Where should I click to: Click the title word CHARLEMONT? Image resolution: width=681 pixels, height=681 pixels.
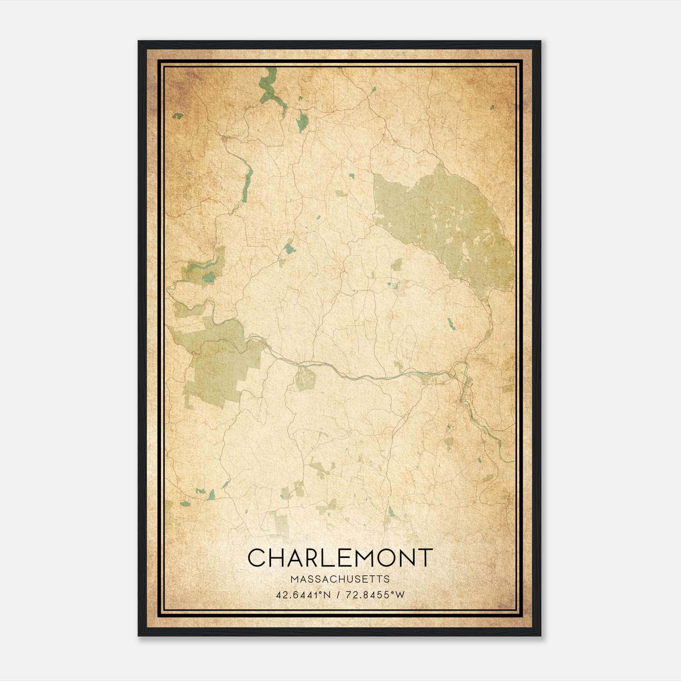pos(340,558)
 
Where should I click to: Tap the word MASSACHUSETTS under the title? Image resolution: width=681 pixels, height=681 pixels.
pos(340,579)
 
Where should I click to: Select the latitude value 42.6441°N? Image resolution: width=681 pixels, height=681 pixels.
pos(303,595)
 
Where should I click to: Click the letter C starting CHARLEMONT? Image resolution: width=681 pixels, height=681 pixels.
pos(258,558)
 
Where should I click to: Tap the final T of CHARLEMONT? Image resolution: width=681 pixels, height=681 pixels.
pos(425,558)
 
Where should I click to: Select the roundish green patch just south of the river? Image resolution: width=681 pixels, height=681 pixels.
pos(304,379)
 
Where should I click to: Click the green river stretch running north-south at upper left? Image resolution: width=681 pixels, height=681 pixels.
pos(246,183)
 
